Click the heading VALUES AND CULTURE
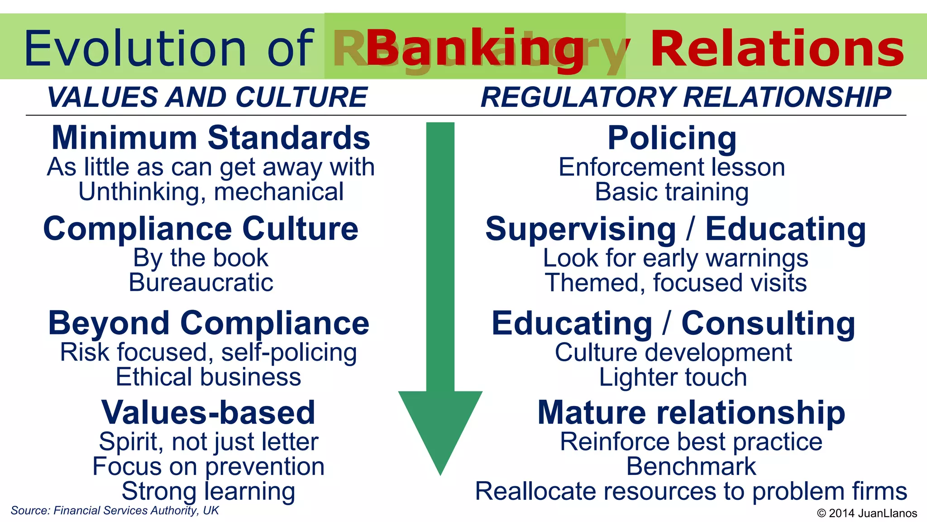[x=207, y=97]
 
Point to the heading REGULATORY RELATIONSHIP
[x=686, y=97]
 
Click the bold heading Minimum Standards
[x=211, y=138]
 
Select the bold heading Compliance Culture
[x=201, y=228]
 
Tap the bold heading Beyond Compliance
[x=209, y=323]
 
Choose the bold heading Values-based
[x=208, y=412]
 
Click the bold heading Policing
[x=672, y=138]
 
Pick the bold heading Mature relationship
[x=691, y=412]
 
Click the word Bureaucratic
[x=201, y=283]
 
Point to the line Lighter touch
[x=673, y=377]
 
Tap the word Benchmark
[x=691, y=467]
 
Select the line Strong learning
[x=208, y=492]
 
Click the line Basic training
[x=672, y=192]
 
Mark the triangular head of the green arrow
[x=440, y=426]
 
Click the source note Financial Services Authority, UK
[x=115, y=511]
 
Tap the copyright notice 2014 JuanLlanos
[x=867, y=513]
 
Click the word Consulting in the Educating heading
[x=768, y=323]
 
